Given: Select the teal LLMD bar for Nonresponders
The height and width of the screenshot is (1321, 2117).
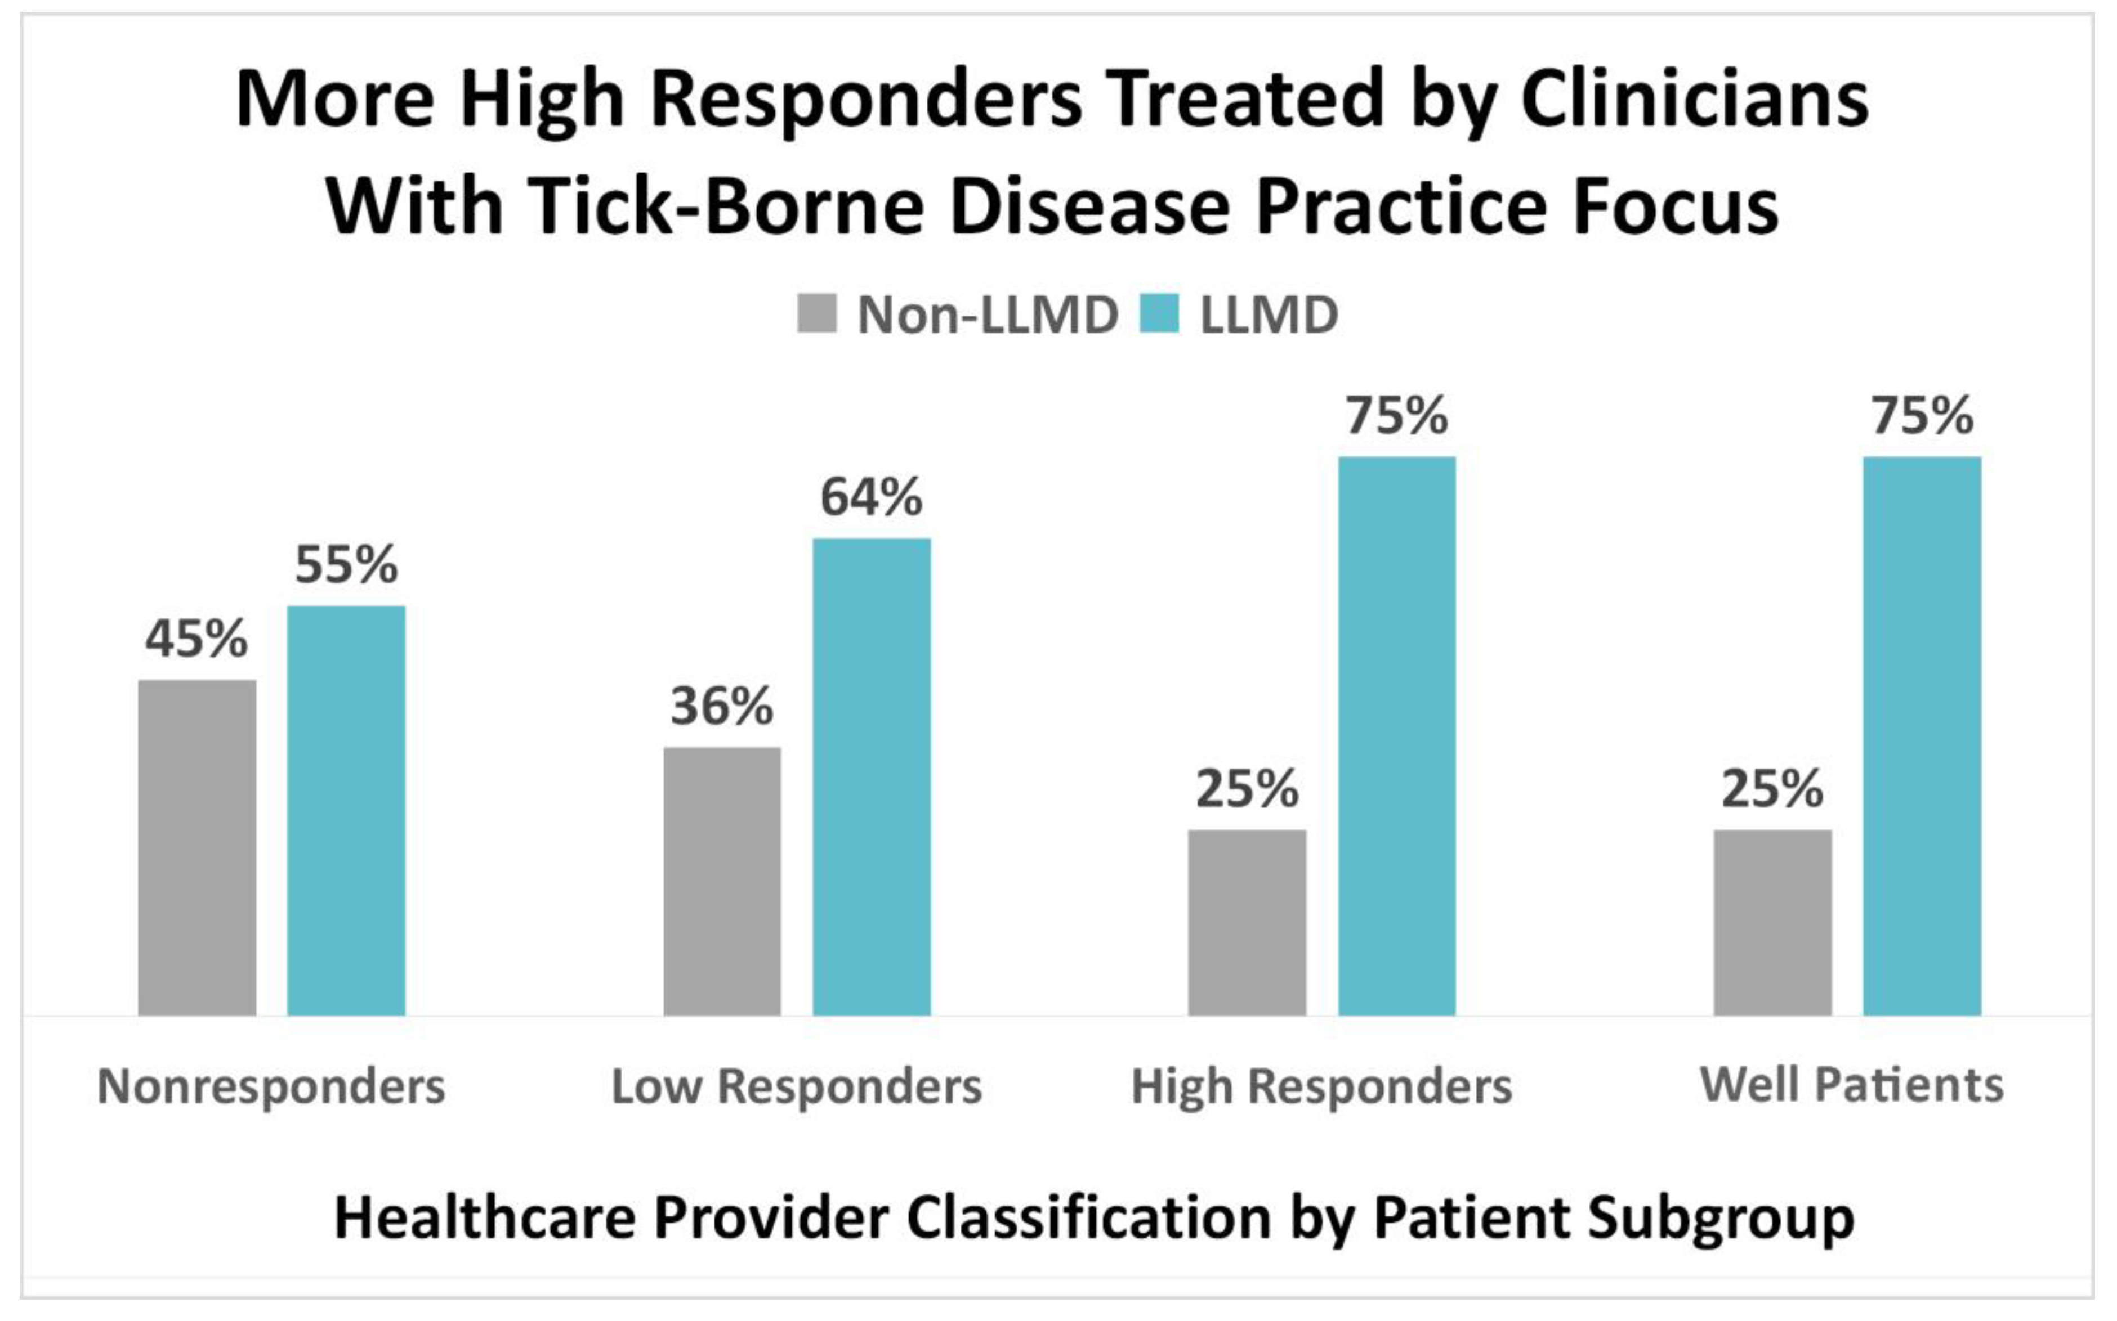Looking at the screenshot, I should click(346, 810).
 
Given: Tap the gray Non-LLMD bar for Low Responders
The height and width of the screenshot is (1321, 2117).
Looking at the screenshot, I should click(722, 880).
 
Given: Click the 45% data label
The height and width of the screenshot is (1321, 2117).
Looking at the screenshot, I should click(196, 639).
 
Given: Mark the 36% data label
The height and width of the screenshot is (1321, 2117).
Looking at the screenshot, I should click(722, 706).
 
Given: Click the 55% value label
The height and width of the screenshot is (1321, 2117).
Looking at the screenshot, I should click(346, 564).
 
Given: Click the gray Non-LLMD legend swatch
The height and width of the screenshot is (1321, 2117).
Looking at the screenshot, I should click(816, 313).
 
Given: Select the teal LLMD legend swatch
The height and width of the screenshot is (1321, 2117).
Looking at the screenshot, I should click(1160, 313).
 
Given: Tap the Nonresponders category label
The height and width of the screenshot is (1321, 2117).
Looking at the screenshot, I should click(271, 1086).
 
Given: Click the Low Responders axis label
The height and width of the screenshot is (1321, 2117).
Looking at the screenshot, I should click(796, 1086).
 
